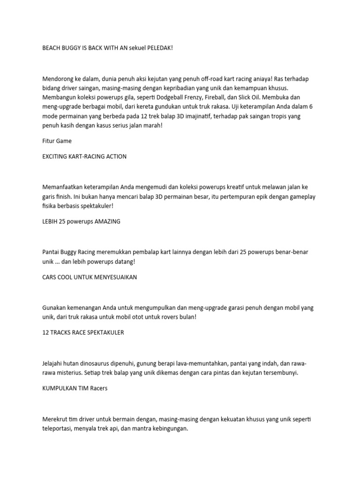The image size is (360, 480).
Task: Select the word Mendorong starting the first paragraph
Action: tap(57, 79)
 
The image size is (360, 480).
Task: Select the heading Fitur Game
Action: tap(57, 141)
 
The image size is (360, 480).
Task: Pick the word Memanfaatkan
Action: tap(62, 187)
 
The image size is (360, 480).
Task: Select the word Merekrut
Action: tap(55, 420)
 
